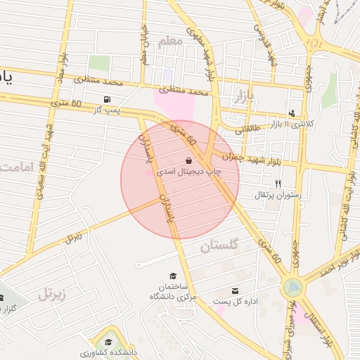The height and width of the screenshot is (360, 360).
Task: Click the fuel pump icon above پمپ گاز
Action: pos(107,99)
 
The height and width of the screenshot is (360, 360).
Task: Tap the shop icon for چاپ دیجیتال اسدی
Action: pos(188,161)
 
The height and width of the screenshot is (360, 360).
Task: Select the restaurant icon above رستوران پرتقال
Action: pos(278,184)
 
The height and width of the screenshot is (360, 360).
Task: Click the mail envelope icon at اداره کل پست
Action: pos(235,290)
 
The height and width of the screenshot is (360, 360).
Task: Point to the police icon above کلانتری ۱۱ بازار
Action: pos(292,113)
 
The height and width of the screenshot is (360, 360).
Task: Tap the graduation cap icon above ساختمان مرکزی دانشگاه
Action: pos(173,276)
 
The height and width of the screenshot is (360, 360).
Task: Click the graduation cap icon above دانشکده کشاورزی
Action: pos(108,340)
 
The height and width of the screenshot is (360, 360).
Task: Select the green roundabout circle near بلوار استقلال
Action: pos(292,287)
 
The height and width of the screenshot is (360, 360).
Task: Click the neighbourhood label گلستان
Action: pos(219,246)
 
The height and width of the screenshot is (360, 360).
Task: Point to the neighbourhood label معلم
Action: pos(170,41)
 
